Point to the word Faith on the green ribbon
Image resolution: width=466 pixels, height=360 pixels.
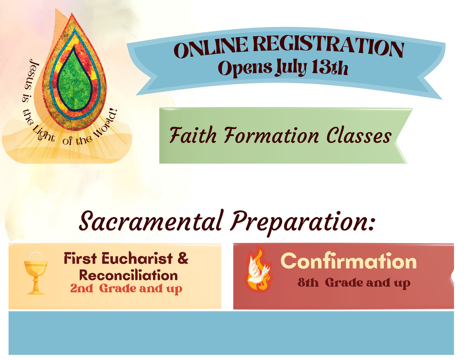click(x=193, y=135)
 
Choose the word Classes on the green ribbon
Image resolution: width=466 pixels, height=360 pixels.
click(x=359, y=136)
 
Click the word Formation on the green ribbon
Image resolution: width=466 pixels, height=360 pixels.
click(x=271, y=135)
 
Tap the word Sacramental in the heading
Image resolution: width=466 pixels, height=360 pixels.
click(x=151, y=221)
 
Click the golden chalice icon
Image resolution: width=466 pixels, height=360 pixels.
click(x=36, y=273)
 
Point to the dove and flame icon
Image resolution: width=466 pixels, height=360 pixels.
click(x=258, y=269)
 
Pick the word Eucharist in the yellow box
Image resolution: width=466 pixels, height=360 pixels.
click(x=137, y=258)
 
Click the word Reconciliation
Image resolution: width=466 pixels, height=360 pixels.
click(x=128, y=275)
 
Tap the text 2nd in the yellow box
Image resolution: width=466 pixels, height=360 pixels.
click(x=82, y=288)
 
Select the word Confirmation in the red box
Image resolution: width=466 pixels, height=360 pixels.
click(x=348, y=261)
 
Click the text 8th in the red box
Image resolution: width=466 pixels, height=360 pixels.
click(x=308, y=282)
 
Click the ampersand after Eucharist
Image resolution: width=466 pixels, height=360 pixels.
click(x=183, y=258)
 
